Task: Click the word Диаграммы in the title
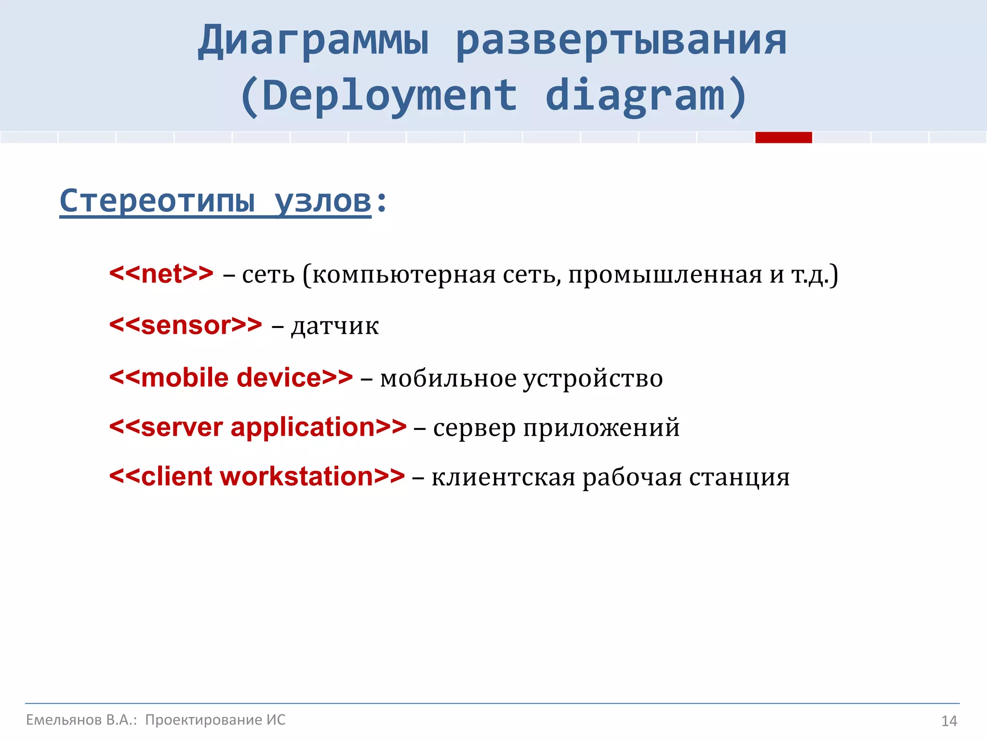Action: (x=313, y=41)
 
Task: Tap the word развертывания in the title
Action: (x=621, y=41)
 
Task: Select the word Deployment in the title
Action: (x=389, y=96)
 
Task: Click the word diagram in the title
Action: (x=635, y=96)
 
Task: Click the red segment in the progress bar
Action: (x=783, y=137)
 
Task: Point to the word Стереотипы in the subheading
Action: (x=157, y=201)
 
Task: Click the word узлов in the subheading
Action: (x=323, y=201)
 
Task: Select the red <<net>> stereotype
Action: (x=161, y=274)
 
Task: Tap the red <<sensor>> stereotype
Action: (x=186, y=325)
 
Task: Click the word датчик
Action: (x=335, y=326)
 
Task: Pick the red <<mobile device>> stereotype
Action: (x=231, y=377)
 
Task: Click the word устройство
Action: (x=593, y=378)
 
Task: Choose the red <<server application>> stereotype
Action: (x=258, y=427)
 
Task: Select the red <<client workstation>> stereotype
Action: (x=257, y=476)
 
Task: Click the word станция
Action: (x=739, y=477)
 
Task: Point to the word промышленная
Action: (x=666, y=274)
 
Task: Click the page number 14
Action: (x=949, y=721)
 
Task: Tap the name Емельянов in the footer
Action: (x=64, y=720)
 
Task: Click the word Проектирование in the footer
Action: (x=204, y=720)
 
